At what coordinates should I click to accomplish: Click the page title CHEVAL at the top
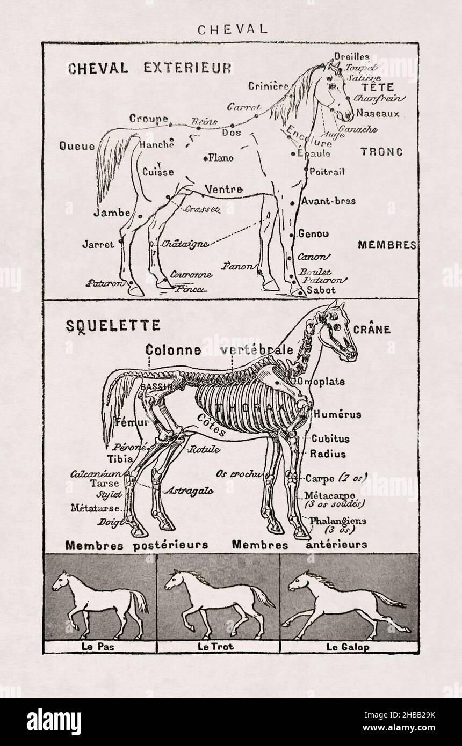click(232, 30)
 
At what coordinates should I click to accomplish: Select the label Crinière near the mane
click(269, 86)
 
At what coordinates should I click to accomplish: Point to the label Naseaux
click(378, 114)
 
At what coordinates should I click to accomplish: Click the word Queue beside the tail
click(77, 146)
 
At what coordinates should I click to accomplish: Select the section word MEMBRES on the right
click(387, 245)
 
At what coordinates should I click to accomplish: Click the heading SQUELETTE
click(105, 325)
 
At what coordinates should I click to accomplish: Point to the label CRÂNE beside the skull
click(371, 330)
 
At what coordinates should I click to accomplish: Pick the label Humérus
click(337, 414)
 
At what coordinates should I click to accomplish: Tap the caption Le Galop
click(348, 647)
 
